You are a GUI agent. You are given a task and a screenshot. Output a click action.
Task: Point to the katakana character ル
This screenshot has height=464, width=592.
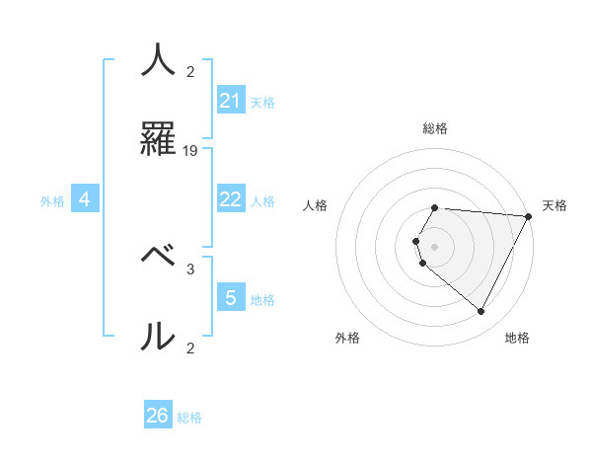point(157,335)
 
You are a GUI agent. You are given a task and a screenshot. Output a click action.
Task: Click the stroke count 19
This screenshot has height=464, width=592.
point(190,150)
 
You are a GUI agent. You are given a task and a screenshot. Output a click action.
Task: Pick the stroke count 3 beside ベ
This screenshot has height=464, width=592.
point(190,268)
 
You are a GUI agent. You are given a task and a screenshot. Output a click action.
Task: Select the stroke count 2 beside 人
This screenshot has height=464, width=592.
point(190,71)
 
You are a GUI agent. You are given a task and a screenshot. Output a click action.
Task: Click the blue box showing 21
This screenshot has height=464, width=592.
point(230,101)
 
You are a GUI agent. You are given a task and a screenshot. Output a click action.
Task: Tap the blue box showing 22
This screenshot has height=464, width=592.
point(230,199)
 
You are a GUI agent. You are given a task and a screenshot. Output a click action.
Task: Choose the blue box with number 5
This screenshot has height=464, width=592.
point(230,297)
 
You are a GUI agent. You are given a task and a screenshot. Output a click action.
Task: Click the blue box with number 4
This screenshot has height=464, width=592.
point(85,199)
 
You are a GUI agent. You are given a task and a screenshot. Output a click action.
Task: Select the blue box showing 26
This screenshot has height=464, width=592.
point(157,416)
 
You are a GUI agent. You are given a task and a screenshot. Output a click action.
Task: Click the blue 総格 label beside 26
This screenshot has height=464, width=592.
point(189,418)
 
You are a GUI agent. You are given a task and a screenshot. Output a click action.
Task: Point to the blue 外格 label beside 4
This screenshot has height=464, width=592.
point(52,201)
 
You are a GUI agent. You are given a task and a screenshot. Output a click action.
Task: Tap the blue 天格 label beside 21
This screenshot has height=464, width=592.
point(262,103)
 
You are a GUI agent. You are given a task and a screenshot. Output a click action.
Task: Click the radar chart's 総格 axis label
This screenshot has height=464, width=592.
point(435,128)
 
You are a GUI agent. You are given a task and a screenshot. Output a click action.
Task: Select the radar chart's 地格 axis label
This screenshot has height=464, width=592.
point(517,338)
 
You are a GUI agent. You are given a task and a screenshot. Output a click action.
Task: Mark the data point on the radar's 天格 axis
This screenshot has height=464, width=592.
point(529,216)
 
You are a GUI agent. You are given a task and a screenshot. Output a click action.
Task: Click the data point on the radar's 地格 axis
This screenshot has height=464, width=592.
point(481,312)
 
